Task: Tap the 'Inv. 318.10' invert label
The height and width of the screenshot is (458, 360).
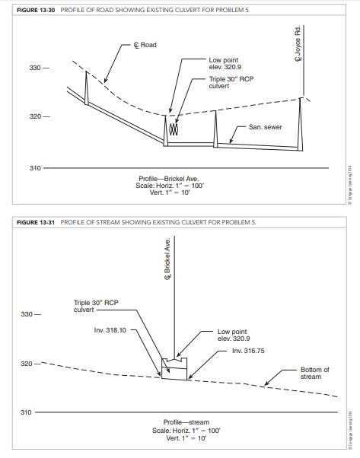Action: pyautogui.click(x=110, y=330)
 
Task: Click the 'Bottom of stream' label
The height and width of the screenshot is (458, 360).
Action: pyautogui.click(x=315, y=373)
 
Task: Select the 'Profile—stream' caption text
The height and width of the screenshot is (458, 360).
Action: pyautogui.click(x=186, y=421)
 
